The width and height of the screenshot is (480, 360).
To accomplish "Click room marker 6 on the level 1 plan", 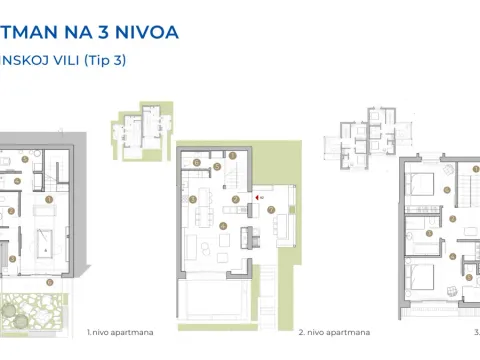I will coord(11,258).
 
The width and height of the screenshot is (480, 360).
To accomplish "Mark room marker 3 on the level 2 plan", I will coord(192,199).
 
